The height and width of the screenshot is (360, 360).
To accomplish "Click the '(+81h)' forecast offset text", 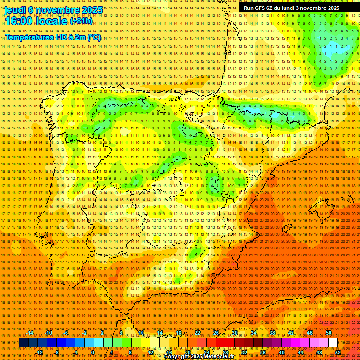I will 81,22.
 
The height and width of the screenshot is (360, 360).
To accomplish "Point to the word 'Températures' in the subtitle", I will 30,37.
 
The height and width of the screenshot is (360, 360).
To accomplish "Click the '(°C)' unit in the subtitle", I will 94,37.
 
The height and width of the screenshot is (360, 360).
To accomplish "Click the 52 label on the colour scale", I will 338,352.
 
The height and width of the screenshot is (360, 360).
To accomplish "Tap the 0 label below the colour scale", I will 93,352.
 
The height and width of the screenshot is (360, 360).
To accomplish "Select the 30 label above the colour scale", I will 234,333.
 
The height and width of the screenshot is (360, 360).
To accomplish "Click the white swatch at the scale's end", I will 333,343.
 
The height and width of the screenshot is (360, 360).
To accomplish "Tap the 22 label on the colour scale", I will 197,333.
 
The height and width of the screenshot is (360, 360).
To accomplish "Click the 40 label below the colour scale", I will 282,352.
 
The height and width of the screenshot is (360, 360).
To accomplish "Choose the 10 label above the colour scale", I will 141,333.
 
